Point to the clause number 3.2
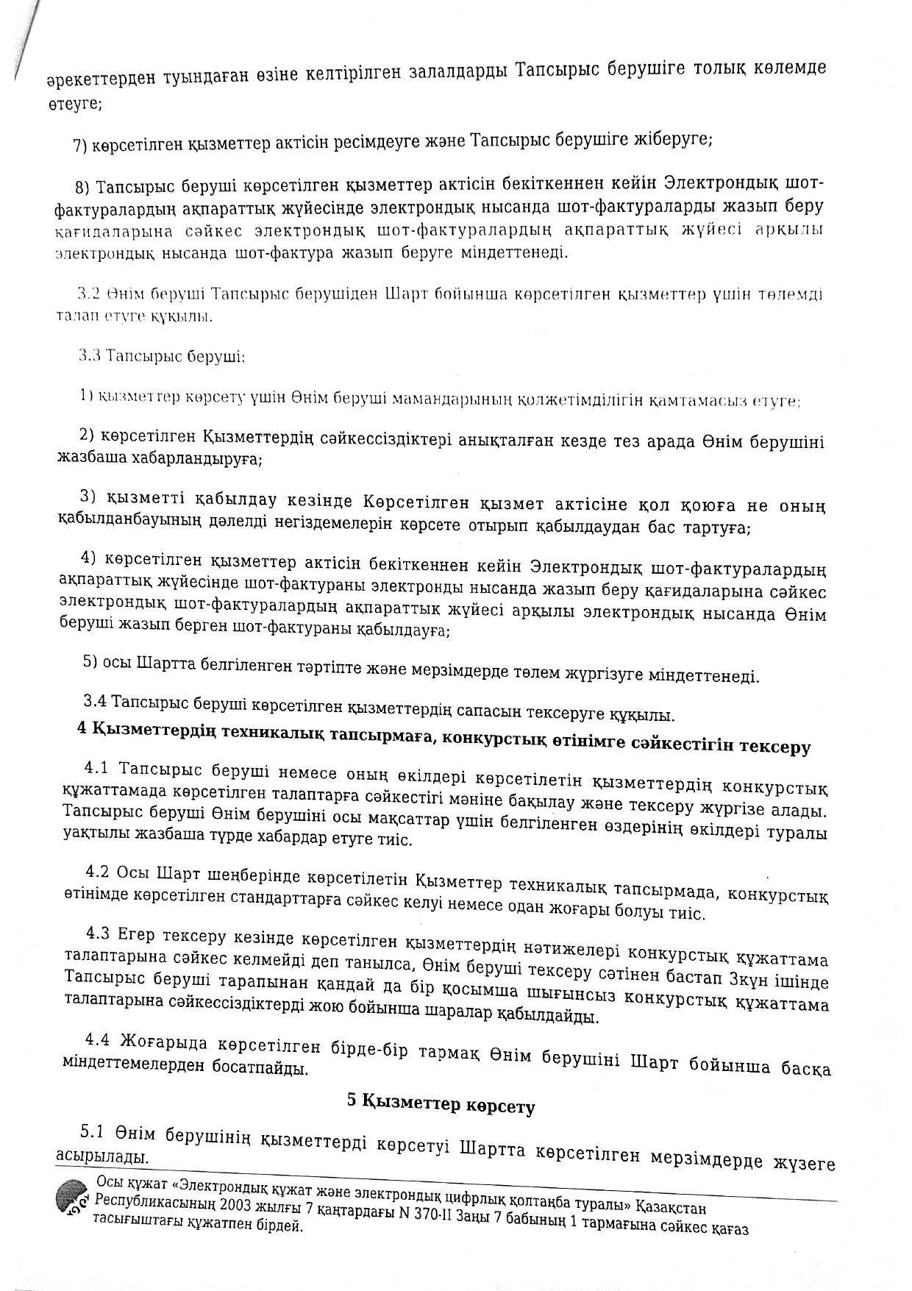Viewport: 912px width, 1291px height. click(x=89, y=294)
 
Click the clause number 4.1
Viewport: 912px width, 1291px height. click(x=97, y=769)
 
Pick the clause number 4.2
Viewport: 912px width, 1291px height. click(x=98, y=873)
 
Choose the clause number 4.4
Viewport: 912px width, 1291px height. click(x=98, y=1041)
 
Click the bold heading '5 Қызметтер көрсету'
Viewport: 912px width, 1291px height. click(x=441, y=1105)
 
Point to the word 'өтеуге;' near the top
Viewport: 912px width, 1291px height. click(x=75, y=104)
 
